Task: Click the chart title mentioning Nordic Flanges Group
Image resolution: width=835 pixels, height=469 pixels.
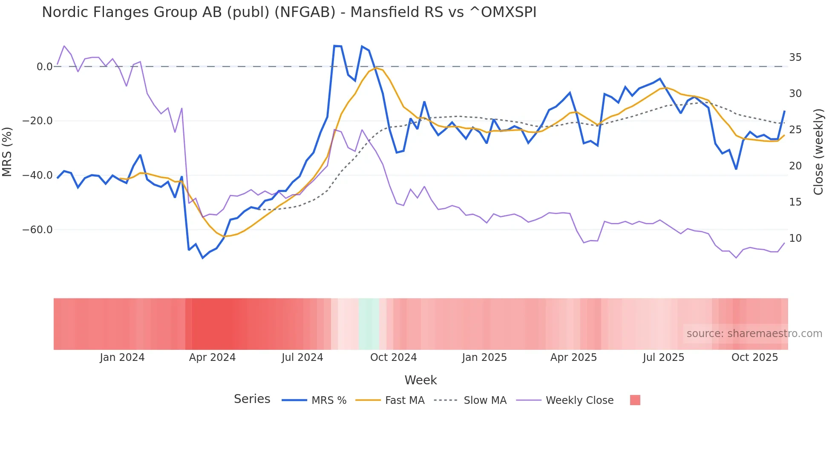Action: coord(289,12)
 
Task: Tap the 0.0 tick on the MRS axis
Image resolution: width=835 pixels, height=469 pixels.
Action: coord(44,67)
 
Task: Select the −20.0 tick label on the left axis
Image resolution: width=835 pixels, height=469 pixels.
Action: coord(37,121)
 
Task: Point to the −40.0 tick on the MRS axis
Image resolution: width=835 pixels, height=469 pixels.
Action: coord(37,175)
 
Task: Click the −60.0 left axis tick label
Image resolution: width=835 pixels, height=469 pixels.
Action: coord(37,230)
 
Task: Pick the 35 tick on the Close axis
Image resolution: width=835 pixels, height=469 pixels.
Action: coord(795,57)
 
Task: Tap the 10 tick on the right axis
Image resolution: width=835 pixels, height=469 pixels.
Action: coord(795,238)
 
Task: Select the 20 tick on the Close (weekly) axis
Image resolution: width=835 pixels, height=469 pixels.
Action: coord(795,166)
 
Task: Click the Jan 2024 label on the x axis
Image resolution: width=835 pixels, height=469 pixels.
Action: coord(122,357)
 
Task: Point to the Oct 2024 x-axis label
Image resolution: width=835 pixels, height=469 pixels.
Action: coord(393,357)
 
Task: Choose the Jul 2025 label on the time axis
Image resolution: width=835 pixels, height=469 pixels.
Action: coord(663,357)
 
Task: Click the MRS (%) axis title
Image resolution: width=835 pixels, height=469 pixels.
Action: coord(7,152)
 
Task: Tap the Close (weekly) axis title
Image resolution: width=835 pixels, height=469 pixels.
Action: coord(818,152)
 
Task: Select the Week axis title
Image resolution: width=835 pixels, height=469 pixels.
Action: coord(420,380)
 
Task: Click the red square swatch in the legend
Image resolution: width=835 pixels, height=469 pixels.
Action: coord(635,400)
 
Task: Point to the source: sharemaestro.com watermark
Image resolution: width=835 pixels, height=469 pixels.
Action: coord(754,334)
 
